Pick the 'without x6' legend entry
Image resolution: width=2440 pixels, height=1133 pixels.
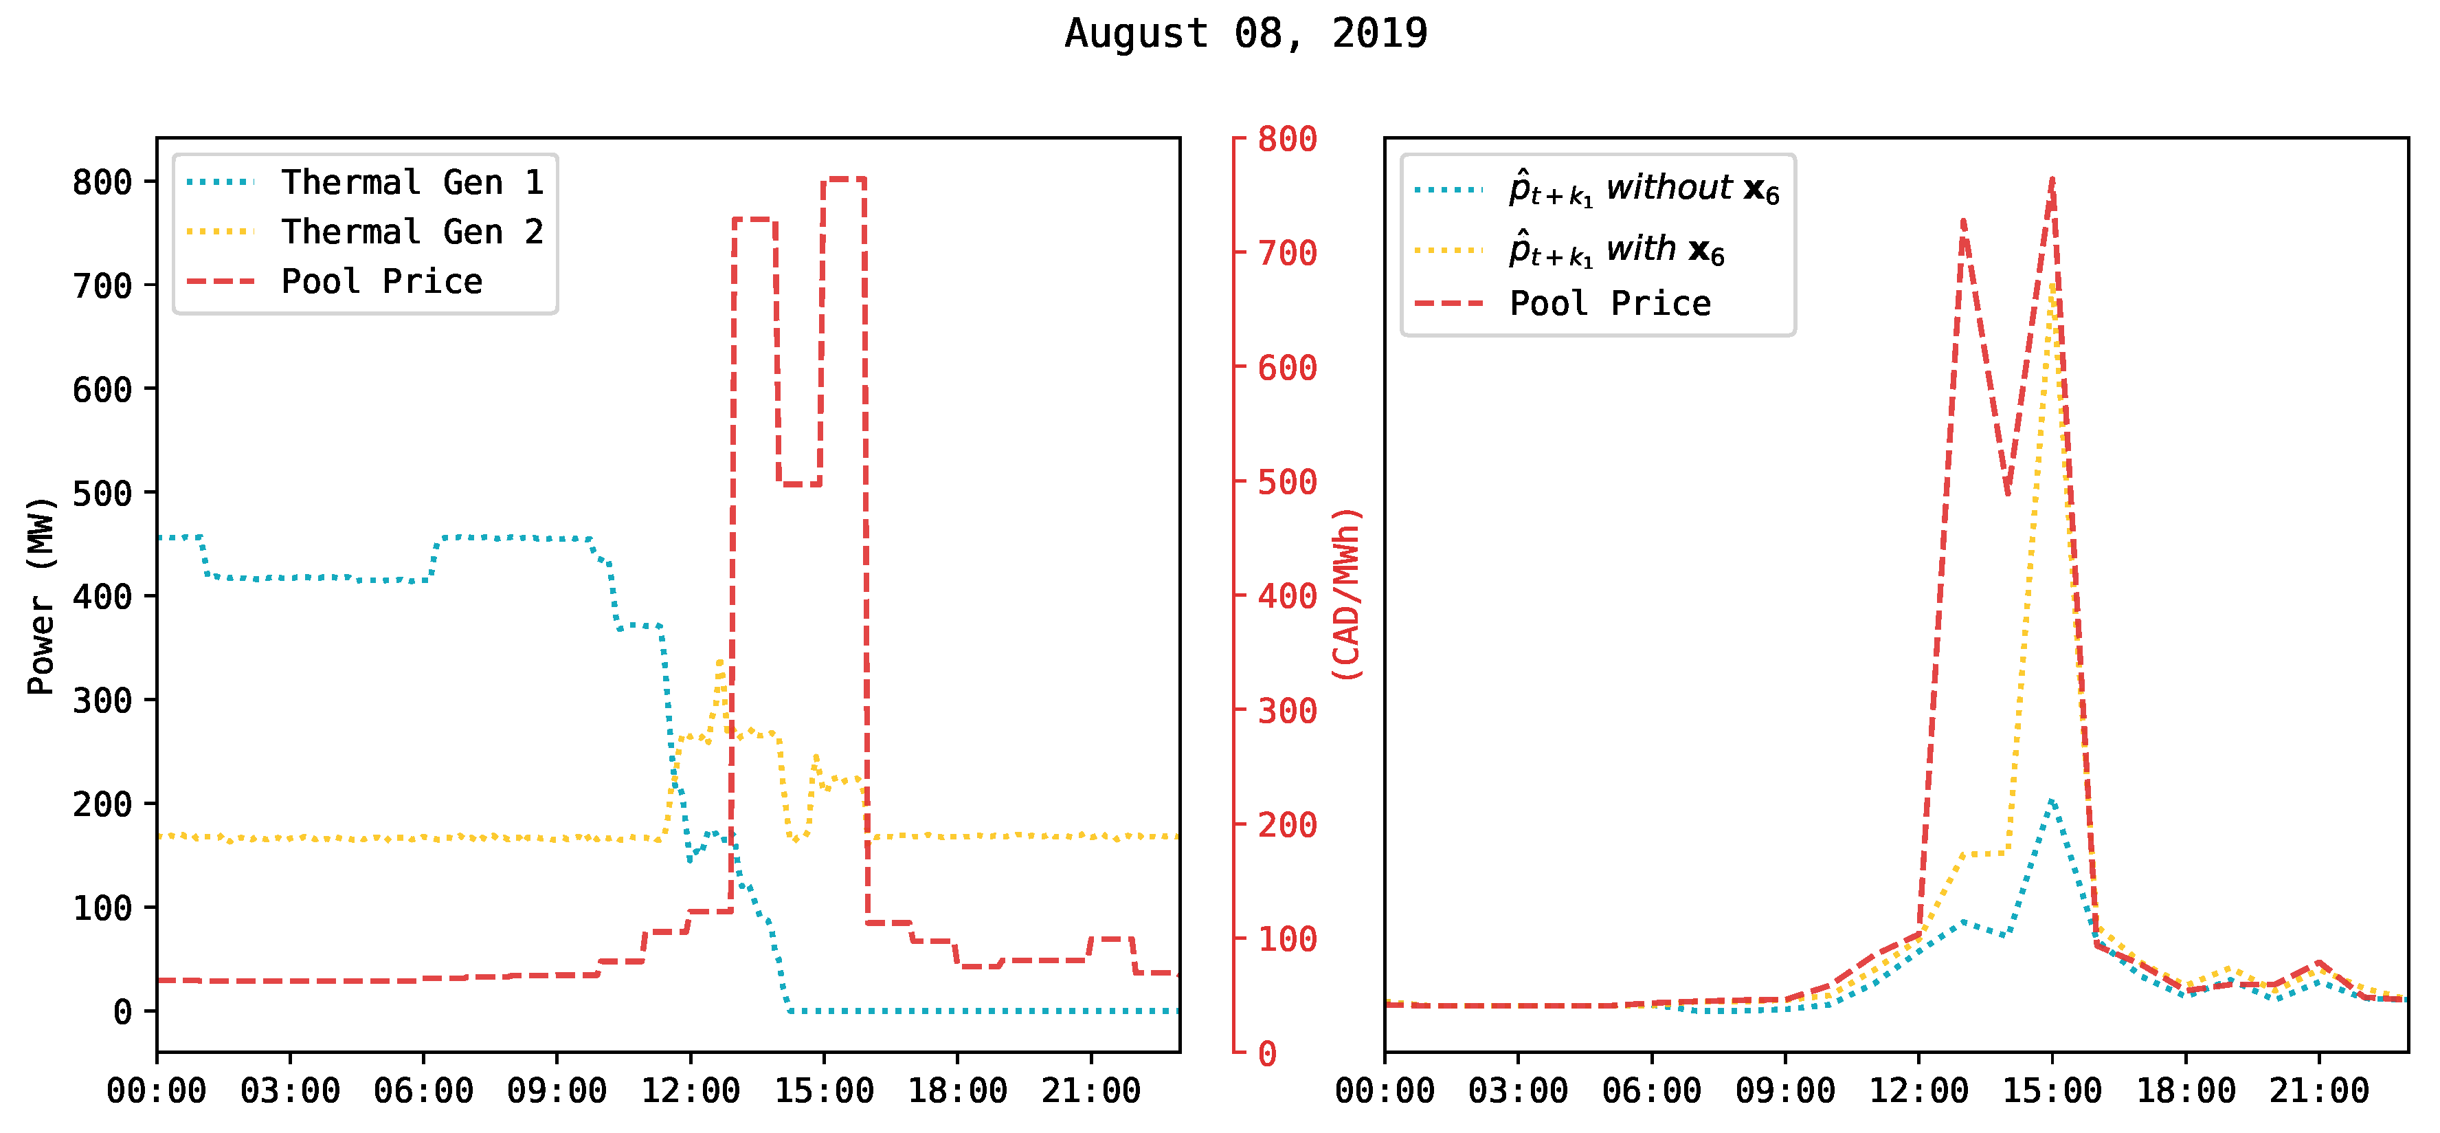(1644, 190)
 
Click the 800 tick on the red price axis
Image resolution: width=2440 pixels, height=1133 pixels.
(1286, 140)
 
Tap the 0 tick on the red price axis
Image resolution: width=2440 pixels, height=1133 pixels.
(1266, 1053)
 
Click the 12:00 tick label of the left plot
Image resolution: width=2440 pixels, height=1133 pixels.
(690, 1090)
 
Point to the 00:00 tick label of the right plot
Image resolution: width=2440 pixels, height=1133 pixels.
(1384, 1090)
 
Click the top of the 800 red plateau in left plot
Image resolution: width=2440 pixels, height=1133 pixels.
(843, 178)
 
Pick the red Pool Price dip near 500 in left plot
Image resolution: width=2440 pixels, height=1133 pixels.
(799, 484)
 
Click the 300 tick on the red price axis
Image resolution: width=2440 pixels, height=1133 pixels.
(1286, 710)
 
